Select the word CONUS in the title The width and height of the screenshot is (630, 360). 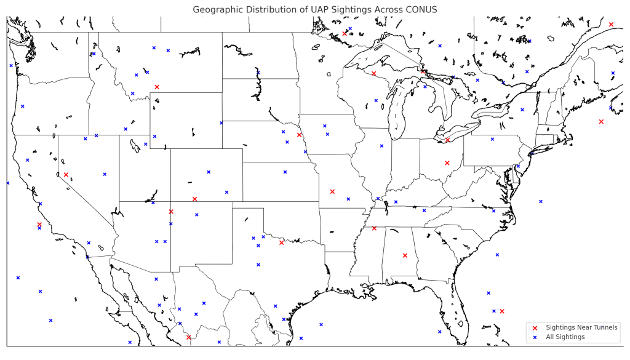click(x=420, y=10)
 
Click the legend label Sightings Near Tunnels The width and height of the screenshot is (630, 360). click(x=581, y=327)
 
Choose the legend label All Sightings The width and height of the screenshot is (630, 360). click(x=565, y=337)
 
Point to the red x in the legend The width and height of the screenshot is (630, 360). click(x=535, y=327)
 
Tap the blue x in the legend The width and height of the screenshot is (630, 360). click(x=535, y=337)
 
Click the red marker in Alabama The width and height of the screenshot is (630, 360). click(x=405, y=255)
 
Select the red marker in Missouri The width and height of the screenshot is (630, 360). click(x=332, y=191)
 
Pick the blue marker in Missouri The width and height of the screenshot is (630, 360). click(x=348, y=199)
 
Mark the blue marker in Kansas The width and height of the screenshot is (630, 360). click(x=285, y=172)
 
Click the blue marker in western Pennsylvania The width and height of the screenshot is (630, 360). click(x=492, y=139)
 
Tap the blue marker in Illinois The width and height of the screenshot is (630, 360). click(x=381, y=146)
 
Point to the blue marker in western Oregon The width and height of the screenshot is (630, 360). click(x=23, y=106)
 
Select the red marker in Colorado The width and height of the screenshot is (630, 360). click(x=194, y=199)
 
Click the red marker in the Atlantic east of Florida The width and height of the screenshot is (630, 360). click(x=502, y=311)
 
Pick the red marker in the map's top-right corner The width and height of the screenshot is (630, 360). click(x=611, y=24)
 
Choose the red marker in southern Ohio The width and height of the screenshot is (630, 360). click(x=447, y=163)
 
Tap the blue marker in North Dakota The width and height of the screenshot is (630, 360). click(x=258, y=73)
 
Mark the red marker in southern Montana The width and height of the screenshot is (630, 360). click(x=157, y=87)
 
